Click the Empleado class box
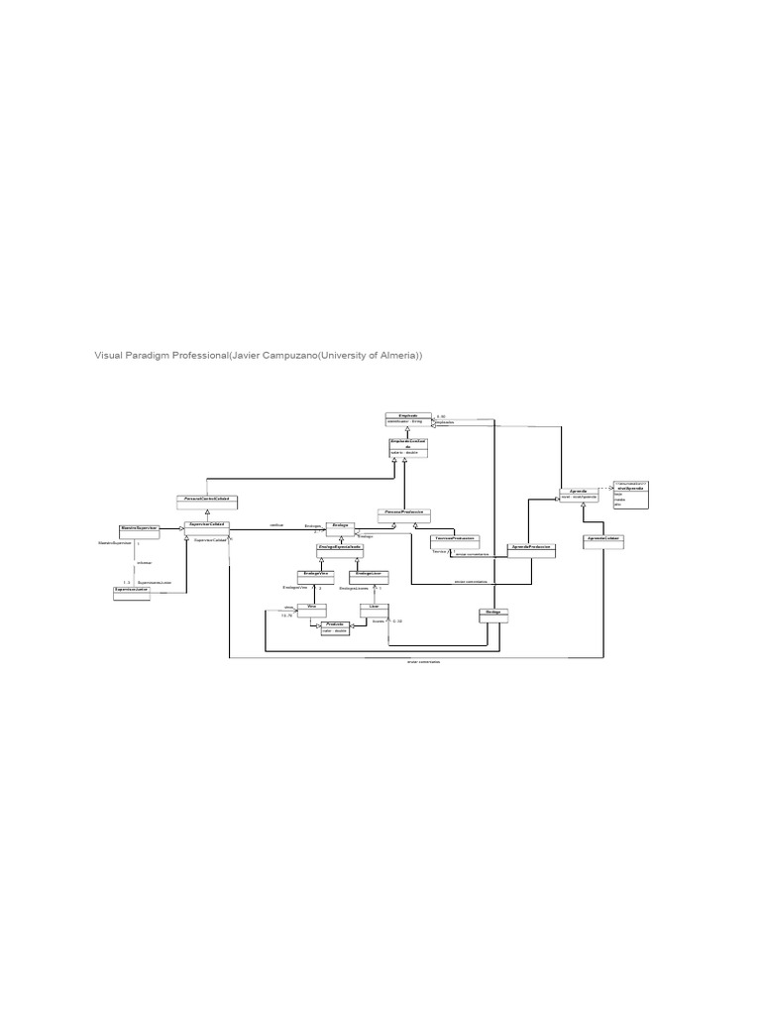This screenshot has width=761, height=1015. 408,418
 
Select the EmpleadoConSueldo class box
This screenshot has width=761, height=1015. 407,447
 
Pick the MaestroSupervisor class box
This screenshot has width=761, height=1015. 140,528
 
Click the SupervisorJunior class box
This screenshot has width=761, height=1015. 135,592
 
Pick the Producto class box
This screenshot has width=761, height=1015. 335,626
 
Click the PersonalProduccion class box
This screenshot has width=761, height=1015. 404,514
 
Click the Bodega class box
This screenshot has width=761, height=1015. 493,616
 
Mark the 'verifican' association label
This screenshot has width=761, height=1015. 276,524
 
